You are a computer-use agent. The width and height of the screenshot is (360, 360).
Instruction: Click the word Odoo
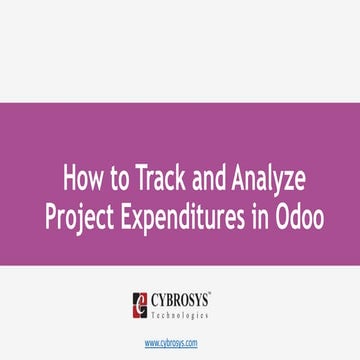pyautogui.click(x=299, y=216)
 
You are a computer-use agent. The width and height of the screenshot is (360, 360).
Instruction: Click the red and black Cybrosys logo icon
pyautogui.click(x=142, y=302)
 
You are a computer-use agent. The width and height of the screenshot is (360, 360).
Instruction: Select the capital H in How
pyautogui.click(x=71, y=181)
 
